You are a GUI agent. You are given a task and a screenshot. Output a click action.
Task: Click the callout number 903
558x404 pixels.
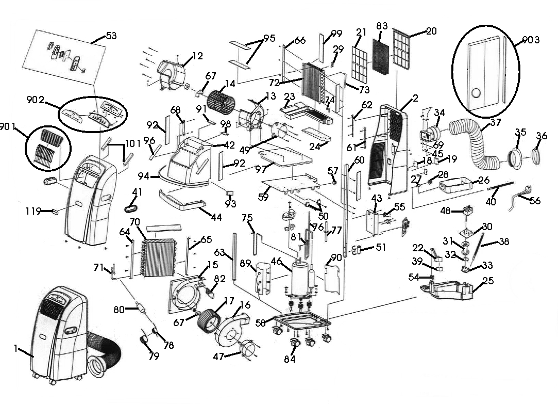point(530,40)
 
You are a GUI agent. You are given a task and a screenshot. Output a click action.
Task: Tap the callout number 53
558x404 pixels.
point(111,36)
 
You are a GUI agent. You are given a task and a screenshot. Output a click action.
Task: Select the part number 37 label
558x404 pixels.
point(495,122)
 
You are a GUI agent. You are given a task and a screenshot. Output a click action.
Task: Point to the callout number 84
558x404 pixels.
point(290,359)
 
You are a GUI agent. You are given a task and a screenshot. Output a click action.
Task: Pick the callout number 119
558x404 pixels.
point(33,211)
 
